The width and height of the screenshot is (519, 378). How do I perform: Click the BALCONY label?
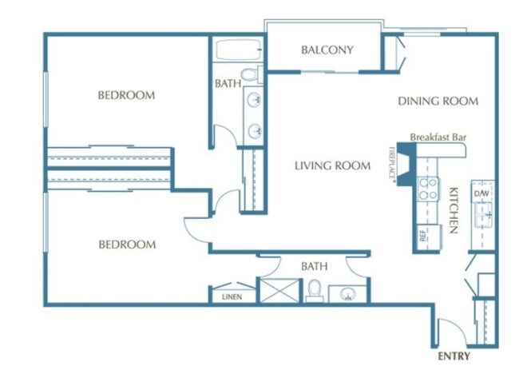coord(327,50)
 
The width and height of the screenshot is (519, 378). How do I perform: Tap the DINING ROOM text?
coord(438,101)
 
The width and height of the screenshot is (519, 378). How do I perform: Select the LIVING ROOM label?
coord(332,165)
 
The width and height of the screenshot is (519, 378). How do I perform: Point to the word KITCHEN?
coord(454,210)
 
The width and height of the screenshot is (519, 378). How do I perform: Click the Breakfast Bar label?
coord(438,137)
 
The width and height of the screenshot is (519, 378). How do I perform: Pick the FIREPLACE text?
coord(392,165)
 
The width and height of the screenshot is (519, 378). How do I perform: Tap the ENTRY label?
coord(454,356)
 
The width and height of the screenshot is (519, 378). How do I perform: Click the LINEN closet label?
coord(232,296)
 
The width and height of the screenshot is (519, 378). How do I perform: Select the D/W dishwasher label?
coord(481,193)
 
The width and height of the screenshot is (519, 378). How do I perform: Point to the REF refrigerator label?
coord(422,236)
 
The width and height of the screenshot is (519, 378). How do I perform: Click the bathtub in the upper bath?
coord(238,50)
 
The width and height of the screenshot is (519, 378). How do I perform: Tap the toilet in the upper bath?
coord(251,74)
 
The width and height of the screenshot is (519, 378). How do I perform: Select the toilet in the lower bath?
coord(314,291)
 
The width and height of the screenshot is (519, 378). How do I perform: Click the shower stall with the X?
coord(279,291)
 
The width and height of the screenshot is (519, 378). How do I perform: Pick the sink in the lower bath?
coord(347,293)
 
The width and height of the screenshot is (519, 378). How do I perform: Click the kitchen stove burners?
coord(428,189)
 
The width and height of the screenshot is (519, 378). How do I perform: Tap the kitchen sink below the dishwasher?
coord(484,215)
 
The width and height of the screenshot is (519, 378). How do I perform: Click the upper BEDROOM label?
coord(126,95)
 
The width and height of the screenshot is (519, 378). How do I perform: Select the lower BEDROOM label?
coord(128,245)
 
